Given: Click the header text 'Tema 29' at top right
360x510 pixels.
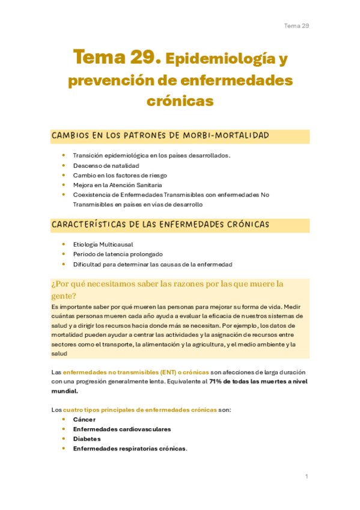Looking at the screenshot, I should tap(296, 26).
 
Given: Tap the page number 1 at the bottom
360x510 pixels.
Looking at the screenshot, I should tap(307, 476).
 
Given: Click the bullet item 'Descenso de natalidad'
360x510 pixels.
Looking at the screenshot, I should tap(106, 165).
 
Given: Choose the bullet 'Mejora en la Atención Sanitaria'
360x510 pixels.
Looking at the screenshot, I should tap(117, 185).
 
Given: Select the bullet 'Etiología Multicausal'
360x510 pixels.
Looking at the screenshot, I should tap(103, 244).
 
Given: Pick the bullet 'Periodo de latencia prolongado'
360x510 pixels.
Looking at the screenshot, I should tap(118, 254).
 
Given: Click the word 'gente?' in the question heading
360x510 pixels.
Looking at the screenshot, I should tap(64, 296).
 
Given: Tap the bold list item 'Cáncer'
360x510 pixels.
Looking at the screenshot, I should tap(84, 419).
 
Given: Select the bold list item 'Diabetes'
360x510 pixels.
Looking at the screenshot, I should tap(87, 438).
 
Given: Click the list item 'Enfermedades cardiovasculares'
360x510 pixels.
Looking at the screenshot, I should tap(121, 429).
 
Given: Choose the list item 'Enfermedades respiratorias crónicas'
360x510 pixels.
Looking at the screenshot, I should tap(130, 448).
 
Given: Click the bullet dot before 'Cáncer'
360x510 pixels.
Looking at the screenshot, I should tap(64, 419).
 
